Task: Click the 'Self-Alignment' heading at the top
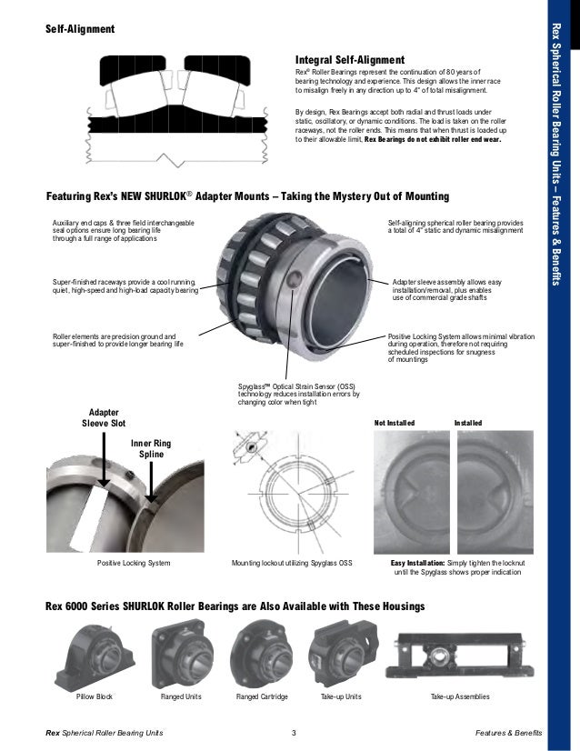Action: coord(80,29)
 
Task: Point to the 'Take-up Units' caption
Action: coord(342,696)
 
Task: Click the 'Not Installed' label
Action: coord(395,424)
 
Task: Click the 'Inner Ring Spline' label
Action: coord(150,448)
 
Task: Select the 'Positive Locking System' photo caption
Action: coord(134,564)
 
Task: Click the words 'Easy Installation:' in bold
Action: coord(420,564)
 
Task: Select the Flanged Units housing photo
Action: coord(180,656)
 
